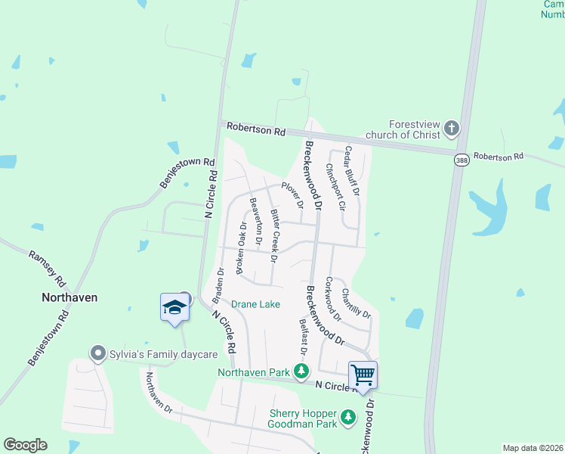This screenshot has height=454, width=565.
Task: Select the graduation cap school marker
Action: (x=174, y=307)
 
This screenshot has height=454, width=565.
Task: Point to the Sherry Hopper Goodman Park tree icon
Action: (x=347, y=417)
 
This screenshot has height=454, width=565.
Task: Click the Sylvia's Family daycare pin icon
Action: (x=97, y=353)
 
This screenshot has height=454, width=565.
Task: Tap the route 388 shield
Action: (x=460, y=160)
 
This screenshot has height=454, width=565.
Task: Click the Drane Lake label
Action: (x=255, y=304)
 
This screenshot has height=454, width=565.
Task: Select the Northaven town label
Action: (x=69, y=297)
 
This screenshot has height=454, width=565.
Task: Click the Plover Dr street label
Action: (x=292, y=194)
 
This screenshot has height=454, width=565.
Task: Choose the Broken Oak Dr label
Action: (x=240, y=247)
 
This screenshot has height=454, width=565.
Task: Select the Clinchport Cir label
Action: (x=335, y=186)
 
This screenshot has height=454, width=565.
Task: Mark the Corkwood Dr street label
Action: (x=332, y=299)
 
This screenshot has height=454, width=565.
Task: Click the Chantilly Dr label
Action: (x=356, y=303)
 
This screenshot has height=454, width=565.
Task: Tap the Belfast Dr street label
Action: (x=302, y=337)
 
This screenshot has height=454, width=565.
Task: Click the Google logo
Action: (x=25, y=444)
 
